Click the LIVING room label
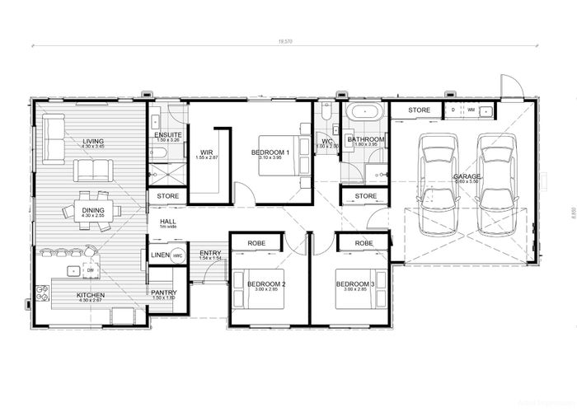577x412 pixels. [x=92, y=142]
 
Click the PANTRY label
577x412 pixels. [x=162, y=292]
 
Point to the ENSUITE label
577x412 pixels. [x=167, y=135]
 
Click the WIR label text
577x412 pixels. [x=206, y=150]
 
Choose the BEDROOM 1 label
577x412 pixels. [x=270, y=152]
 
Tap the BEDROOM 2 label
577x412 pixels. [x=266, y=284]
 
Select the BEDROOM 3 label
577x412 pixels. [x=354, y=284]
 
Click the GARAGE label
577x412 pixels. [x=467, y=176]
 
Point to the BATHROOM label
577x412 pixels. [x=365, y=139]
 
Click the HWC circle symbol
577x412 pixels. [x=178, y=255]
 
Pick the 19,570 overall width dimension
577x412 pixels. [x=285, y=40]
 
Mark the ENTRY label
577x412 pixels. [x=210, y=252]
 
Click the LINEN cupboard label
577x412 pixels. [x=159, y=255]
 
